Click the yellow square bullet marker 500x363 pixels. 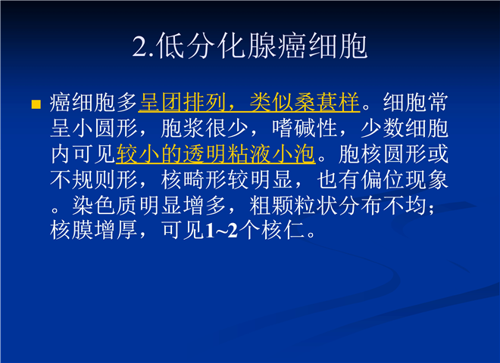click(x=36, y=104)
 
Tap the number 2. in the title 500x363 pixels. click(x=144, y=46)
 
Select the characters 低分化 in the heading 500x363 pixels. click(x=201, y=46)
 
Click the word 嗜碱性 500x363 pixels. click(x=305, y=128)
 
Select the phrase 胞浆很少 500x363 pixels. click(x=205, y=128)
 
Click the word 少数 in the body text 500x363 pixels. click(x=383, y=128)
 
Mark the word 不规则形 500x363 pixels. click(x=94, y=179)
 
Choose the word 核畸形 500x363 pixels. click(x=193, y=179)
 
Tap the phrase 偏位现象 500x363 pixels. click(x=405, y=179)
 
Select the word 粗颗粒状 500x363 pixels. click(x=293, y=206)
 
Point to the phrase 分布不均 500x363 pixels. click(x=383, y=206)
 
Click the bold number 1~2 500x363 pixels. click(x=222, y=231)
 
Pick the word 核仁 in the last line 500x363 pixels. click(x=283, y=230)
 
